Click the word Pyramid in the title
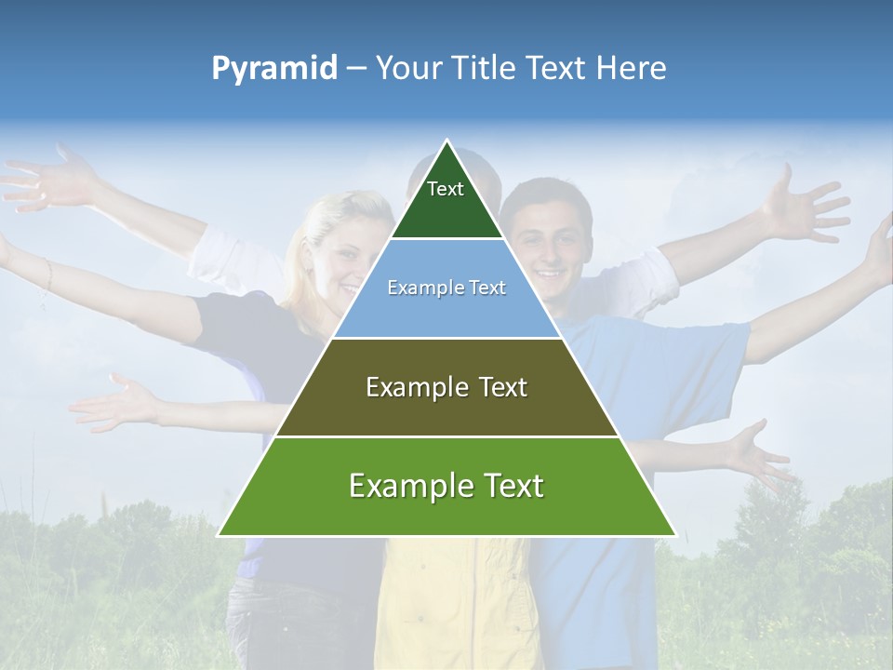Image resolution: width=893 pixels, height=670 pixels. [x=274, y=69]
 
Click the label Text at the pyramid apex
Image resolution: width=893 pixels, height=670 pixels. [x=446, y=189]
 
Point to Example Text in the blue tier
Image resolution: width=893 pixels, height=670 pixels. [x=446, y=288]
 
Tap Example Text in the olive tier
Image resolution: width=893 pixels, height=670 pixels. [x=446, y=387]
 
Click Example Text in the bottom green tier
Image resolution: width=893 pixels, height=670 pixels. [x=446, y=486]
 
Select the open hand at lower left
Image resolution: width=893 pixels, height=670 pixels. [x=121, y=403]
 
